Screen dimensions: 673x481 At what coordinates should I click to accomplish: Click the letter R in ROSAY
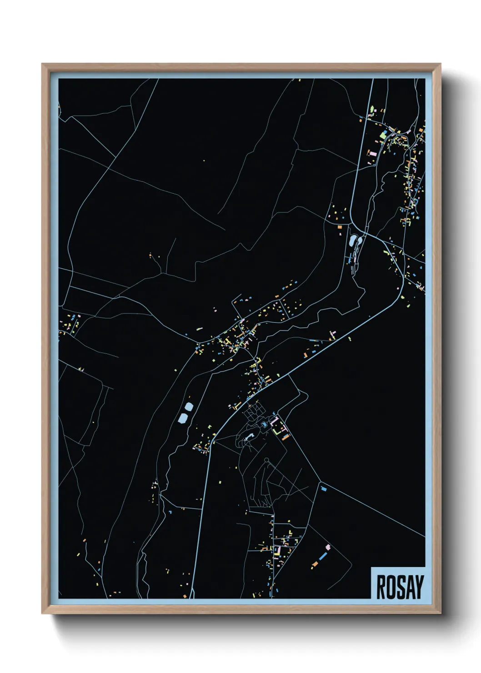(381, 587)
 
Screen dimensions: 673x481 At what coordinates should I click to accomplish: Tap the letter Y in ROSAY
(419, 587)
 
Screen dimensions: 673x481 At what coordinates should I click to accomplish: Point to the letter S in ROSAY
(400, 587)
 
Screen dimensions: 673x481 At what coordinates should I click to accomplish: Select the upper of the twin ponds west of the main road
(188, 406)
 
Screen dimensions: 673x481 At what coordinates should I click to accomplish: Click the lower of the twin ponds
(183, 417)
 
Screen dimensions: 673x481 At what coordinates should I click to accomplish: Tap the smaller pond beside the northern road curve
(361, 241)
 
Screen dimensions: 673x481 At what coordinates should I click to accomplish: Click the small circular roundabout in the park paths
(266, 460)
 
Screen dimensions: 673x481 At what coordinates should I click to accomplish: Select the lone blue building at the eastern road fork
(324, 489)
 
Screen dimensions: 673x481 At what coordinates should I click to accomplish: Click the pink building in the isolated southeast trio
(328, 547)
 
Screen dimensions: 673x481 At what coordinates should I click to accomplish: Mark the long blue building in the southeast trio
(323, 556)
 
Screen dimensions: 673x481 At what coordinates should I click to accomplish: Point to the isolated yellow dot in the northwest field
(204, 161)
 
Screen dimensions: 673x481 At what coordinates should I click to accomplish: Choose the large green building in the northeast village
(383, 135)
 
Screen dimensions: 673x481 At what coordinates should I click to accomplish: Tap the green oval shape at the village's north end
(372, 109)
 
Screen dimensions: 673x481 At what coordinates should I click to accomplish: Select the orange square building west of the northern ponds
(339, 226)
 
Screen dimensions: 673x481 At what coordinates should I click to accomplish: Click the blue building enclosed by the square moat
(265, 425)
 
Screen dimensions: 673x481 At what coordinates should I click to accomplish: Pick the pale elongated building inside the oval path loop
(248, 437)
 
